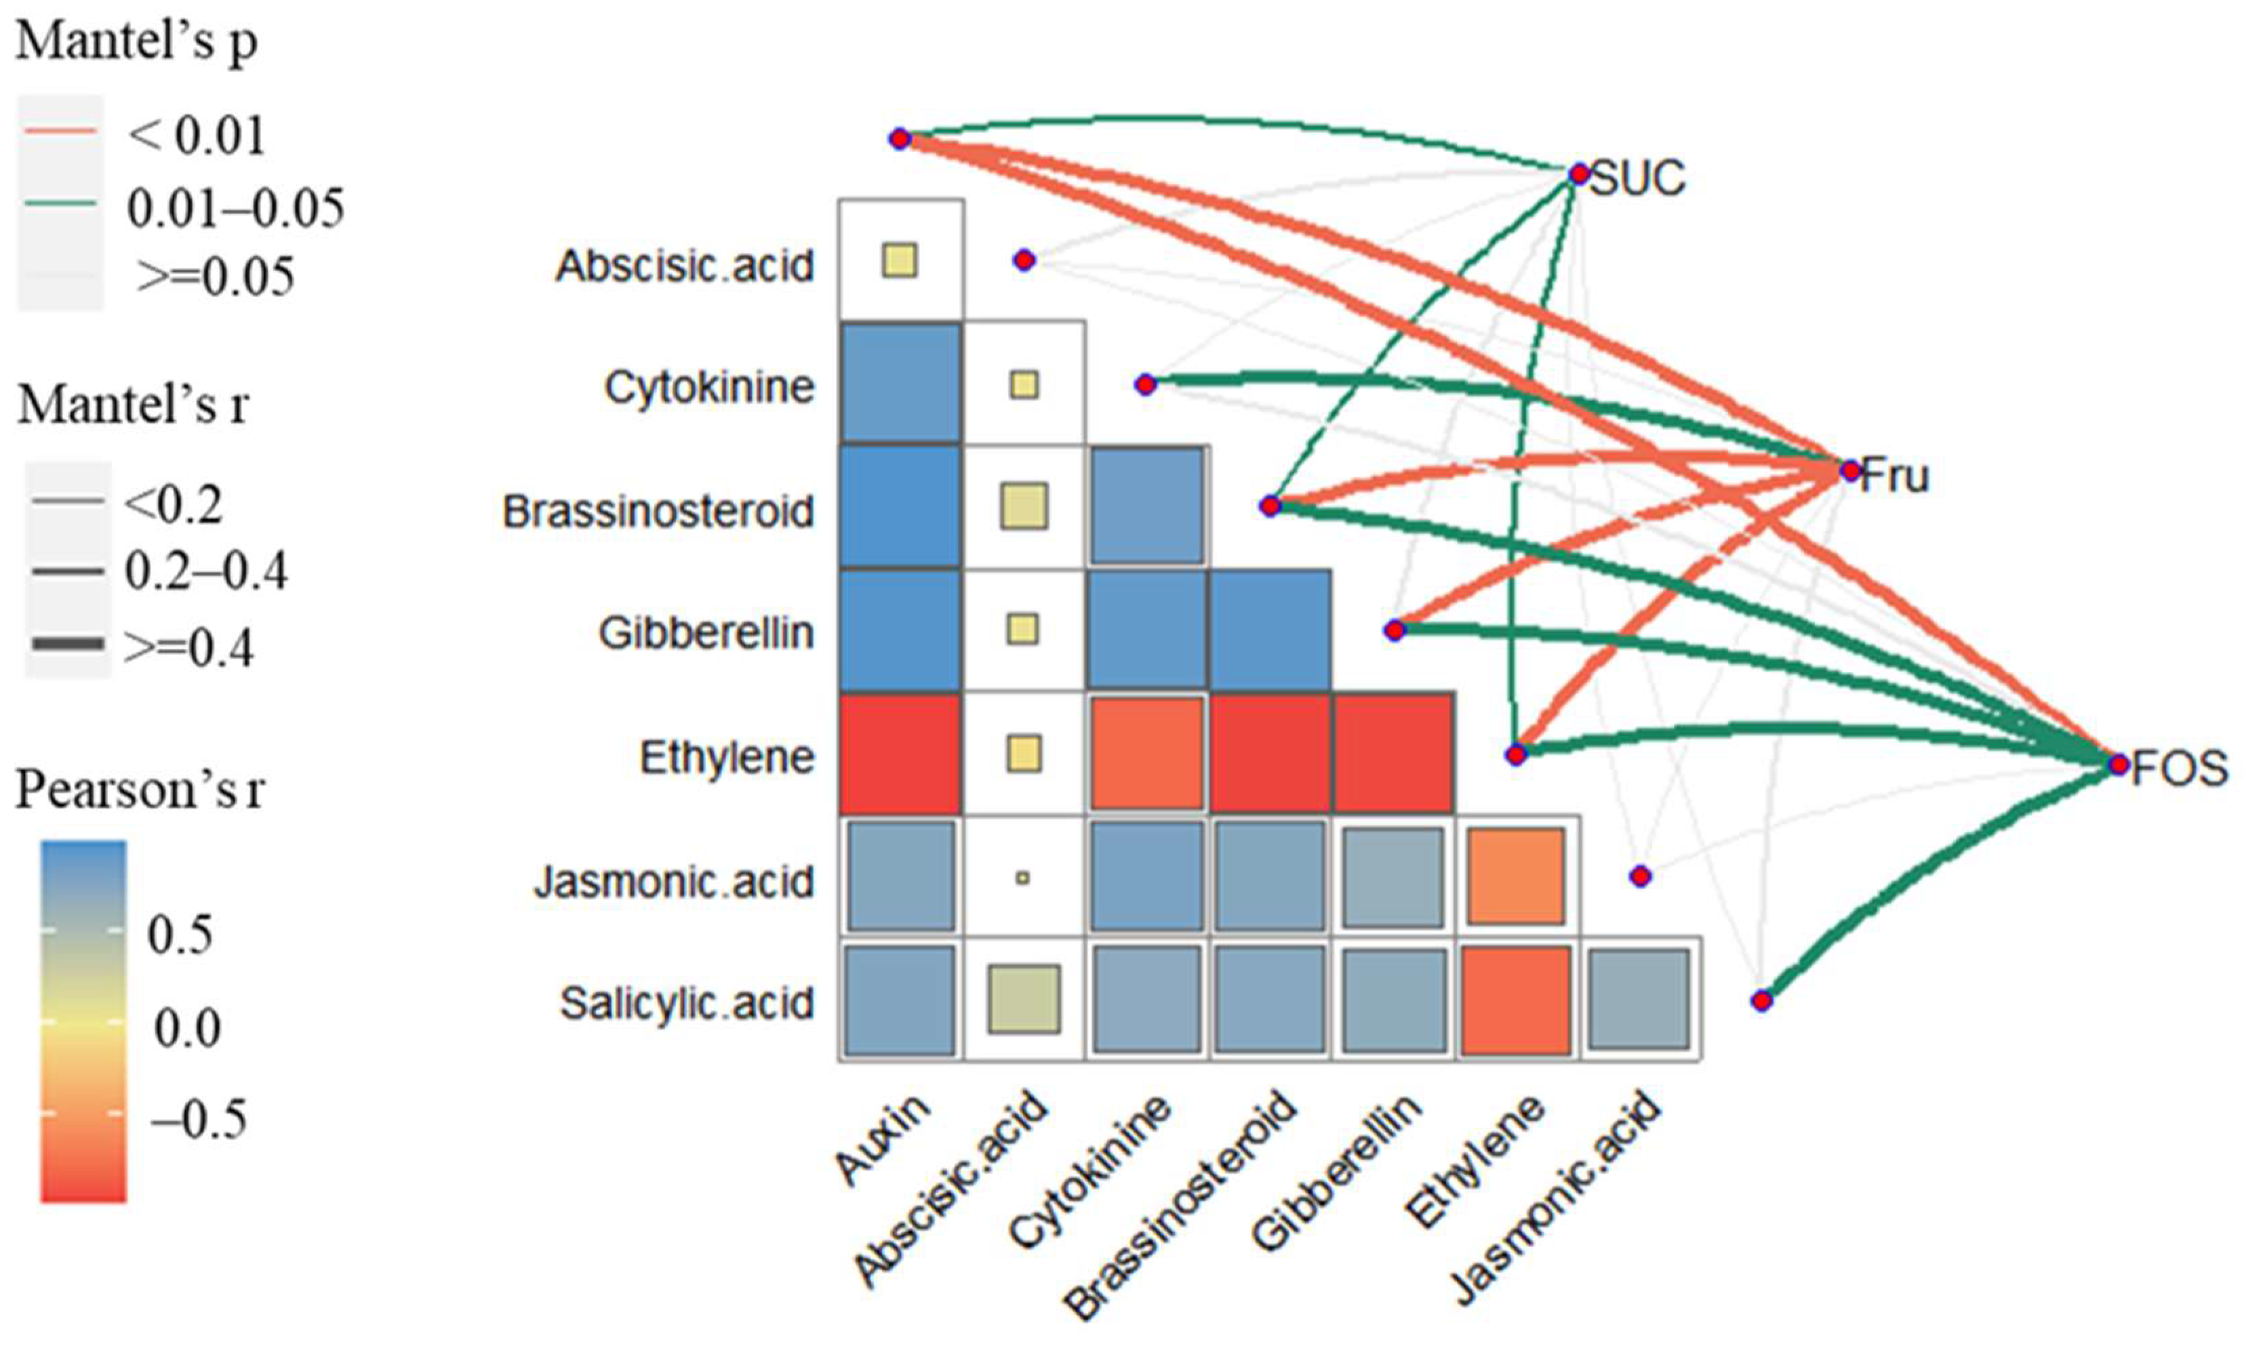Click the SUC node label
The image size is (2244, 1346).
click(1638, 178)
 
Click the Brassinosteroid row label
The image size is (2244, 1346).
click(658, 512)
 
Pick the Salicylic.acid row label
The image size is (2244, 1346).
click(687, 1003)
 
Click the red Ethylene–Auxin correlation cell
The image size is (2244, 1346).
click(900, 754)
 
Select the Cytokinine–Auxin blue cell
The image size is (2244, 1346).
click(900, 384)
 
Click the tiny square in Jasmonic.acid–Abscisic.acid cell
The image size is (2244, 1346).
click(1023, 878)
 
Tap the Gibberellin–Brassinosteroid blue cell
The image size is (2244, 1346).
click(1270, 630)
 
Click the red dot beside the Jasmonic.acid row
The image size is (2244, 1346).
click(1640, 876)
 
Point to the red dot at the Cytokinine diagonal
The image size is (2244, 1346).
click(1146, 384)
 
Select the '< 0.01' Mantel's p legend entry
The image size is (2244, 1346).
click(196, 135)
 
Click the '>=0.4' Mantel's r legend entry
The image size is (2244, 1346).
click(188, 647)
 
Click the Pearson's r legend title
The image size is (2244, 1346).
click(140, 791)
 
